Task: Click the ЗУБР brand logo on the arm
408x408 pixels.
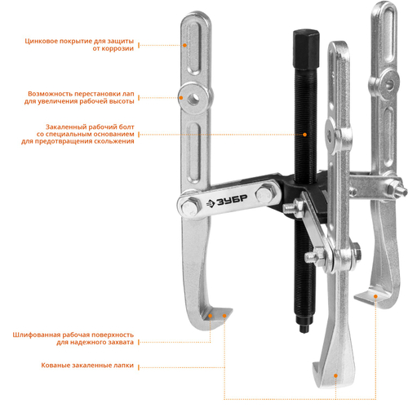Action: tap(227, 202)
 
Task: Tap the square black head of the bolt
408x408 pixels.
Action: tap(306, 50)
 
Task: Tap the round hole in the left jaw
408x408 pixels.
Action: tap(193, 98)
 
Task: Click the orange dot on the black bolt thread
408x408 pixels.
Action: tap(305, 135)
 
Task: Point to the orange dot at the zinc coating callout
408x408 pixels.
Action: tap(184, 45)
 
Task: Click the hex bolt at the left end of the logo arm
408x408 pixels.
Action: tap(189, 206)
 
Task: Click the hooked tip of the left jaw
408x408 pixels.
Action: tap(230, 311)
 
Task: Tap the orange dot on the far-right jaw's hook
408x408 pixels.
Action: tap(375, 296)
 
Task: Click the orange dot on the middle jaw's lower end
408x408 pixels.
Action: tap(335, 375)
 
